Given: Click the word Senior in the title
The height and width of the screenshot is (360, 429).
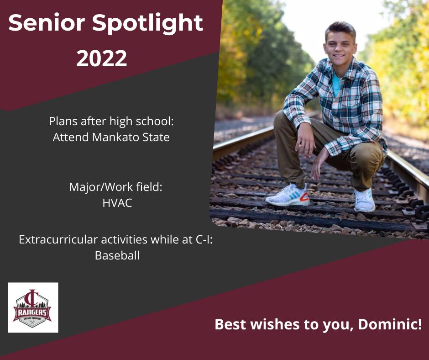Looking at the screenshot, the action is (x=47, y=22).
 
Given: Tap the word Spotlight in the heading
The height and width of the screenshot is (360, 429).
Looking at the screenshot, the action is (x=147, y=24).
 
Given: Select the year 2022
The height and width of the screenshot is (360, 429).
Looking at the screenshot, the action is (x=102, y=58).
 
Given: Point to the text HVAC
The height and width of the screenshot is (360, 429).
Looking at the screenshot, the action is (x=117, y=203).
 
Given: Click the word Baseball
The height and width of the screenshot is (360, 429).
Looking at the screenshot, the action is (x=117, y=256).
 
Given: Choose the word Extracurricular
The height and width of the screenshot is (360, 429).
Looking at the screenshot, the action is (x=58, y=240).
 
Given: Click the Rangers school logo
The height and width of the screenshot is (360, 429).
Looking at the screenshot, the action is (x=33, y=307).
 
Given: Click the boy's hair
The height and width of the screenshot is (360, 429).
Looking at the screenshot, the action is (x=340, y=29).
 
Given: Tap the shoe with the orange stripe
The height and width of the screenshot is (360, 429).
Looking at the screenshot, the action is (x=288, y=196).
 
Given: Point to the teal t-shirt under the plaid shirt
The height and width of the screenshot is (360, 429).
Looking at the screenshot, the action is (x=336, y=84).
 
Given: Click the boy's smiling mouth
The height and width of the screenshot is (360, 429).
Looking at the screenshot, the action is (x=339, y=56).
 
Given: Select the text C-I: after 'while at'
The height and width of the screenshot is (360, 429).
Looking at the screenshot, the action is (x=204, y=240).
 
